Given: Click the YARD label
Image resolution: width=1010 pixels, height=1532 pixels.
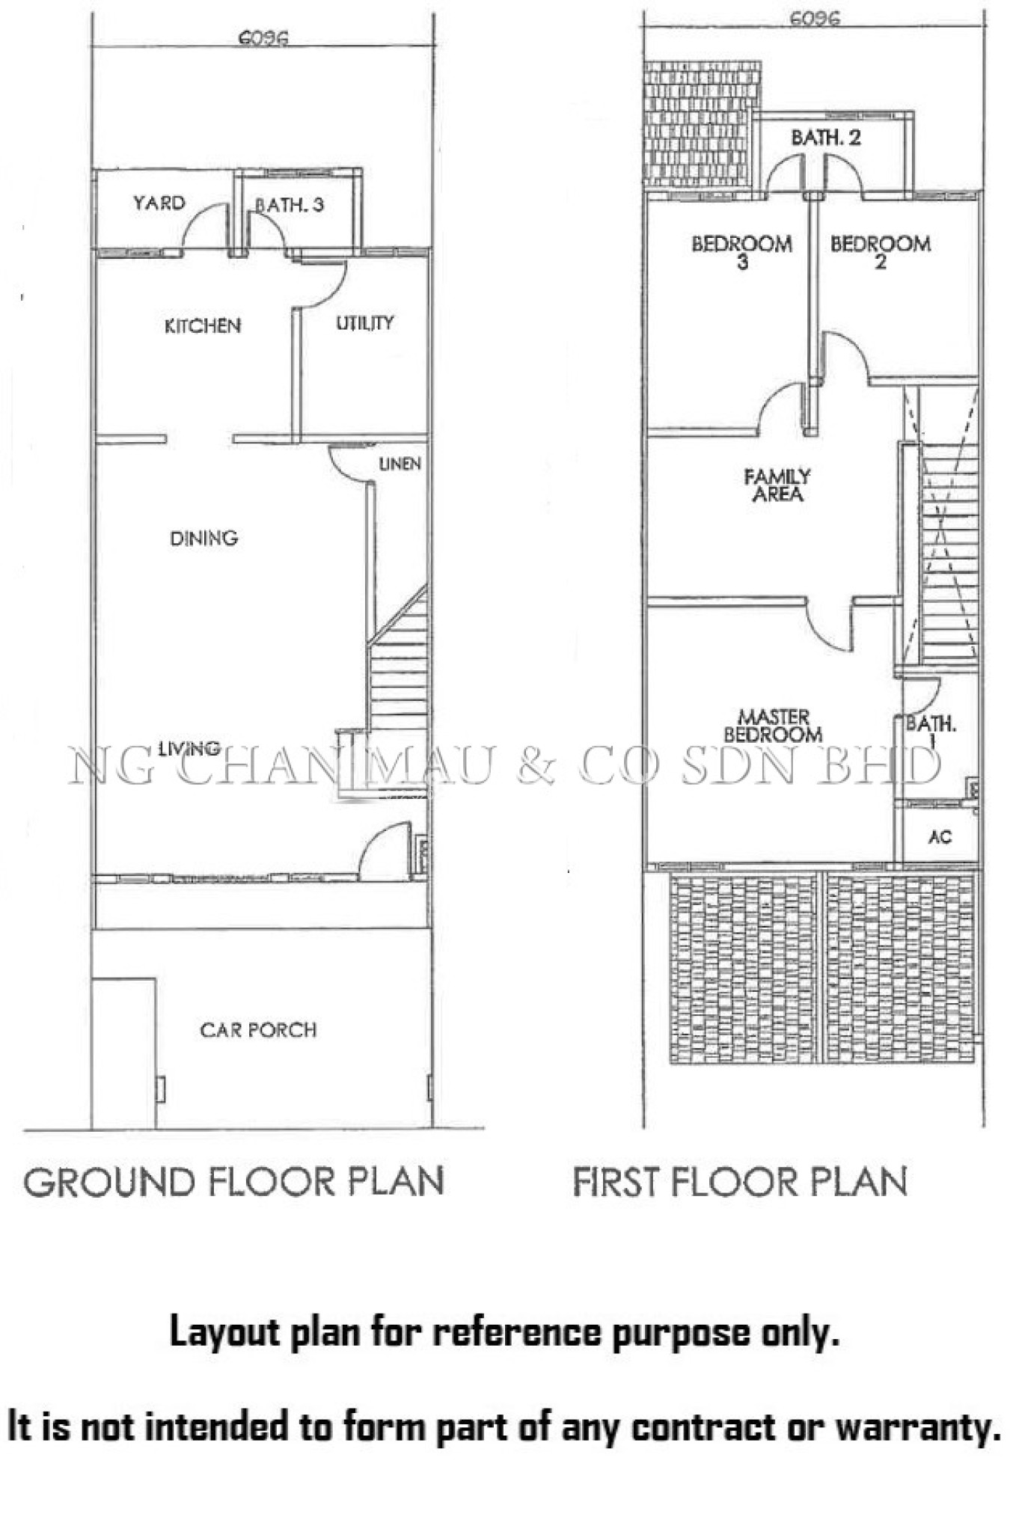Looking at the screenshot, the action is tap(159, 203).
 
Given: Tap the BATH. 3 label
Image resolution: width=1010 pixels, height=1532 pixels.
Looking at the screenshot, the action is tap(289, 205).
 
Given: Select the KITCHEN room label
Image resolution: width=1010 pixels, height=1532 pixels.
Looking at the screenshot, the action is tap(203, 325).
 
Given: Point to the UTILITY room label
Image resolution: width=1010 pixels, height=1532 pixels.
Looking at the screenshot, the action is tap(364, 322).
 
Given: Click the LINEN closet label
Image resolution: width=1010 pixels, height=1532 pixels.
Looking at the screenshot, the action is tap(400, 464).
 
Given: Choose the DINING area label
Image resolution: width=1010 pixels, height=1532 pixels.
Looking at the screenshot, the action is tap(204, 538).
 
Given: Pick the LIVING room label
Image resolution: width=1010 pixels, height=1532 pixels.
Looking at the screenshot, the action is tap(189, 747).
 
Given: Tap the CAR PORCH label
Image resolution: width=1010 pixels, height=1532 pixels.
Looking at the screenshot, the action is tap(258, 1030).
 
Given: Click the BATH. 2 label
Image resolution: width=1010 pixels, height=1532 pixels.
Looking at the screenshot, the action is tap(826, 138).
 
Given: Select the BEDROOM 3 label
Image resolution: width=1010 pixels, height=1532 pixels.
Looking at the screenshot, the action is tap(741, 252).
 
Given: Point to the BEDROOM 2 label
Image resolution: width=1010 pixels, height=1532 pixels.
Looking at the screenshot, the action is tap(881, 252).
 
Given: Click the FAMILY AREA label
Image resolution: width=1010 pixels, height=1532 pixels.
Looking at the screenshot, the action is tap(777, 485).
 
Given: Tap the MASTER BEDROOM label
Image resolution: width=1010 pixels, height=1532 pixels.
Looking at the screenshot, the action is tap(774, 726).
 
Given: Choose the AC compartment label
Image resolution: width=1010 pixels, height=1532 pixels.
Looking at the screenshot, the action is tap(940, 837).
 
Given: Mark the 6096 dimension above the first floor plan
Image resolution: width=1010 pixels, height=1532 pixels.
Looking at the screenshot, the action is tap(815, 18).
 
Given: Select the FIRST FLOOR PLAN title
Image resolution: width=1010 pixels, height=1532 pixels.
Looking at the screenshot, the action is tap(741, 1182).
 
